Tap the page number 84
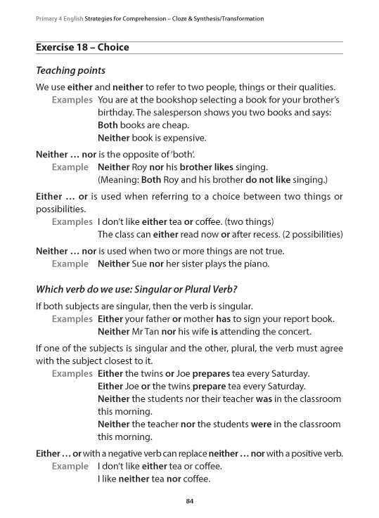click(189, 500)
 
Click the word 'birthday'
click(115, 112)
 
